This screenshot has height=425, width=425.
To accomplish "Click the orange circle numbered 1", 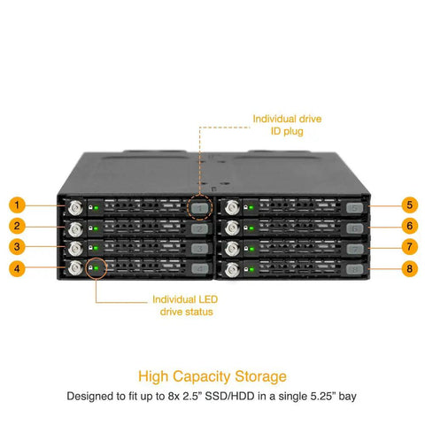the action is point(17,205).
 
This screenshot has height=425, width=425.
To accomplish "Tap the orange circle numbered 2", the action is point(17,226).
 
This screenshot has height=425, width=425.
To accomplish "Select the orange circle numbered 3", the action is point(17,247).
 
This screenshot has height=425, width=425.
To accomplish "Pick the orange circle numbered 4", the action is point(17,268).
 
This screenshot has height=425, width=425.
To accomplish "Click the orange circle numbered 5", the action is point(409,205).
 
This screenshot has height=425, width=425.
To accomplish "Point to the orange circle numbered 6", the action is point(409,226).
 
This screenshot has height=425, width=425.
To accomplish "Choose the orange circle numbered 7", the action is point(409,247).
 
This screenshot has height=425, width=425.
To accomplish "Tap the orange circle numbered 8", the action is point(409,268).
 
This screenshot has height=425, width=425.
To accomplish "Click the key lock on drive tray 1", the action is point(75,208).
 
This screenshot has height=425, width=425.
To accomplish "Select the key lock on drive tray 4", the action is point(75,268).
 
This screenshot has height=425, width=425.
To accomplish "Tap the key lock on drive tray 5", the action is point(232,207).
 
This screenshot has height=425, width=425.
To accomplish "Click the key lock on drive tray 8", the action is point(232,270).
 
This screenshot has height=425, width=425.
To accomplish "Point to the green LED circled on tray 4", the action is point(96,268).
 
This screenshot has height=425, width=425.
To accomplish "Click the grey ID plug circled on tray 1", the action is point(200,208).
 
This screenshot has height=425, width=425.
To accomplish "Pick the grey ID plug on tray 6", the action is point(354,228).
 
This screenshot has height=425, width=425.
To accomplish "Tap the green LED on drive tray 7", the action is point(251,250).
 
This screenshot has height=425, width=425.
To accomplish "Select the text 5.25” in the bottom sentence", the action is point(323,396).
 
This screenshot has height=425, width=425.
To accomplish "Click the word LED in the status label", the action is point(208,299).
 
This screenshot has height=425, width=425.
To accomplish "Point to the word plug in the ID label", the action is point(292,132).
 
